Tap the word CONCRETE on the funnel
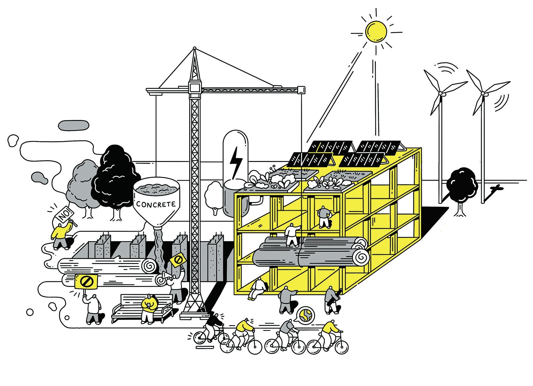[x=156, y=204]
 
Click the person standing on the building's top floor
[x=323, y=216]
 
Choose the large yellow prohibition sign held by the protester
[x=86, y=282]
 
